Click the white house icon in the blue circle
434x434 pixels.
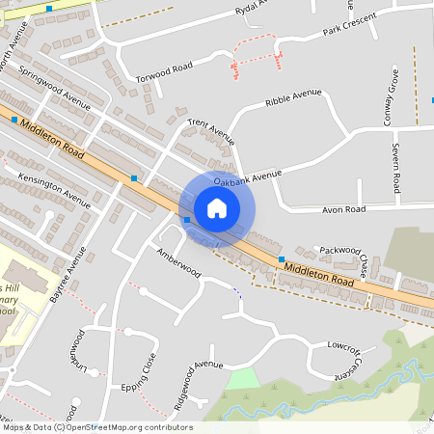[x=217, y=208]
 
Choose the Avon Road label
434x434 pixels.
[x=343, y=208]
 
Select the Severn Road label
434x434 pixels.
[x=395, y=167]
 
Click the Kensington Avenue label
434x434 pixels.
[x=54, y=184]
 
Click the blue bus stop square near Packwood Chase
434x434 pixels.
[x=281, y=259]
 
